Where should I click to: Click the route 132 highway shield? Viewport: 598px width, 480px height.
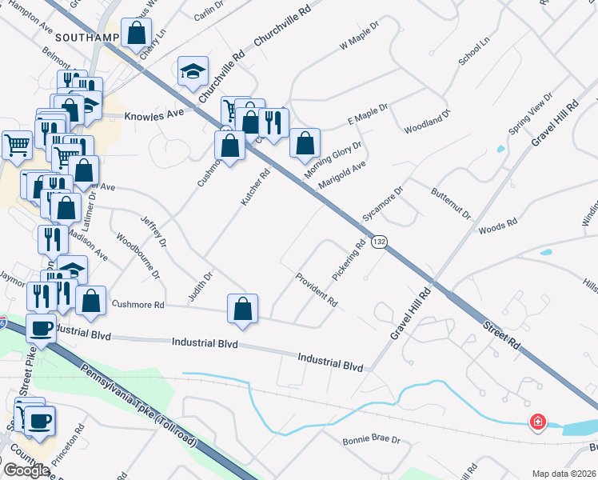point(381,241)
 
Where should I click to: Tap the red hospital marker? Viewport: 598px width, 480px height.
point(538,422)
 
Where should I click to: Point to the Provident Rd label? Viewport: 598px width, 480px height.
point(317,290)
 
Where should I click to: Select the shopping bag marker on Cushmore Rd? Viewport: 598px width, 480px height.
point(243,310)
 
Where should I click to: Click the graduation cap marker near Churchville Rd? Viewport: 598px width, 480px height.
point(192,73)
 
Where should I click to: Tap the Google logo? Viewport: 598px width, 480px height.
point(26,470)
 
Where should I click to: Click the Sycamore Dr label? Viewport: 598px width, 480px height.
point(382,204)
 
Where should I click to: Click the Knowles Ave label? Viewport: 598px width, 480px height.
point(154,114)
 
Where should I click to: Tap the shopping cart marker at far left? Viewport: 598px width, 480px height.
point(17,145)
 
